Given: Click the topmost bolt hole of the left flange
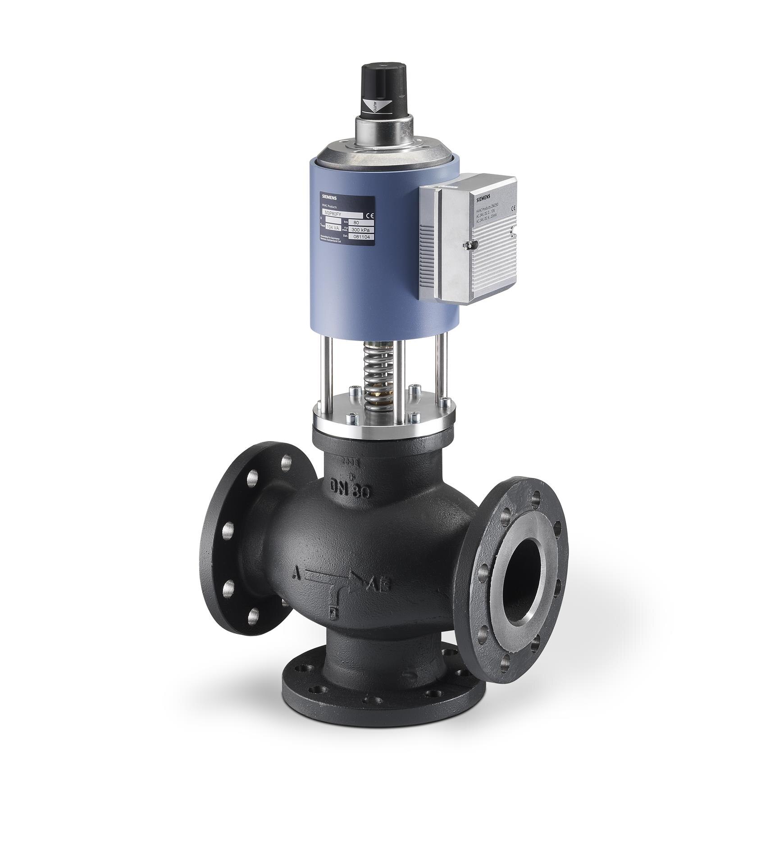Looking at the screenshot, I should tap(287, 461).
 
